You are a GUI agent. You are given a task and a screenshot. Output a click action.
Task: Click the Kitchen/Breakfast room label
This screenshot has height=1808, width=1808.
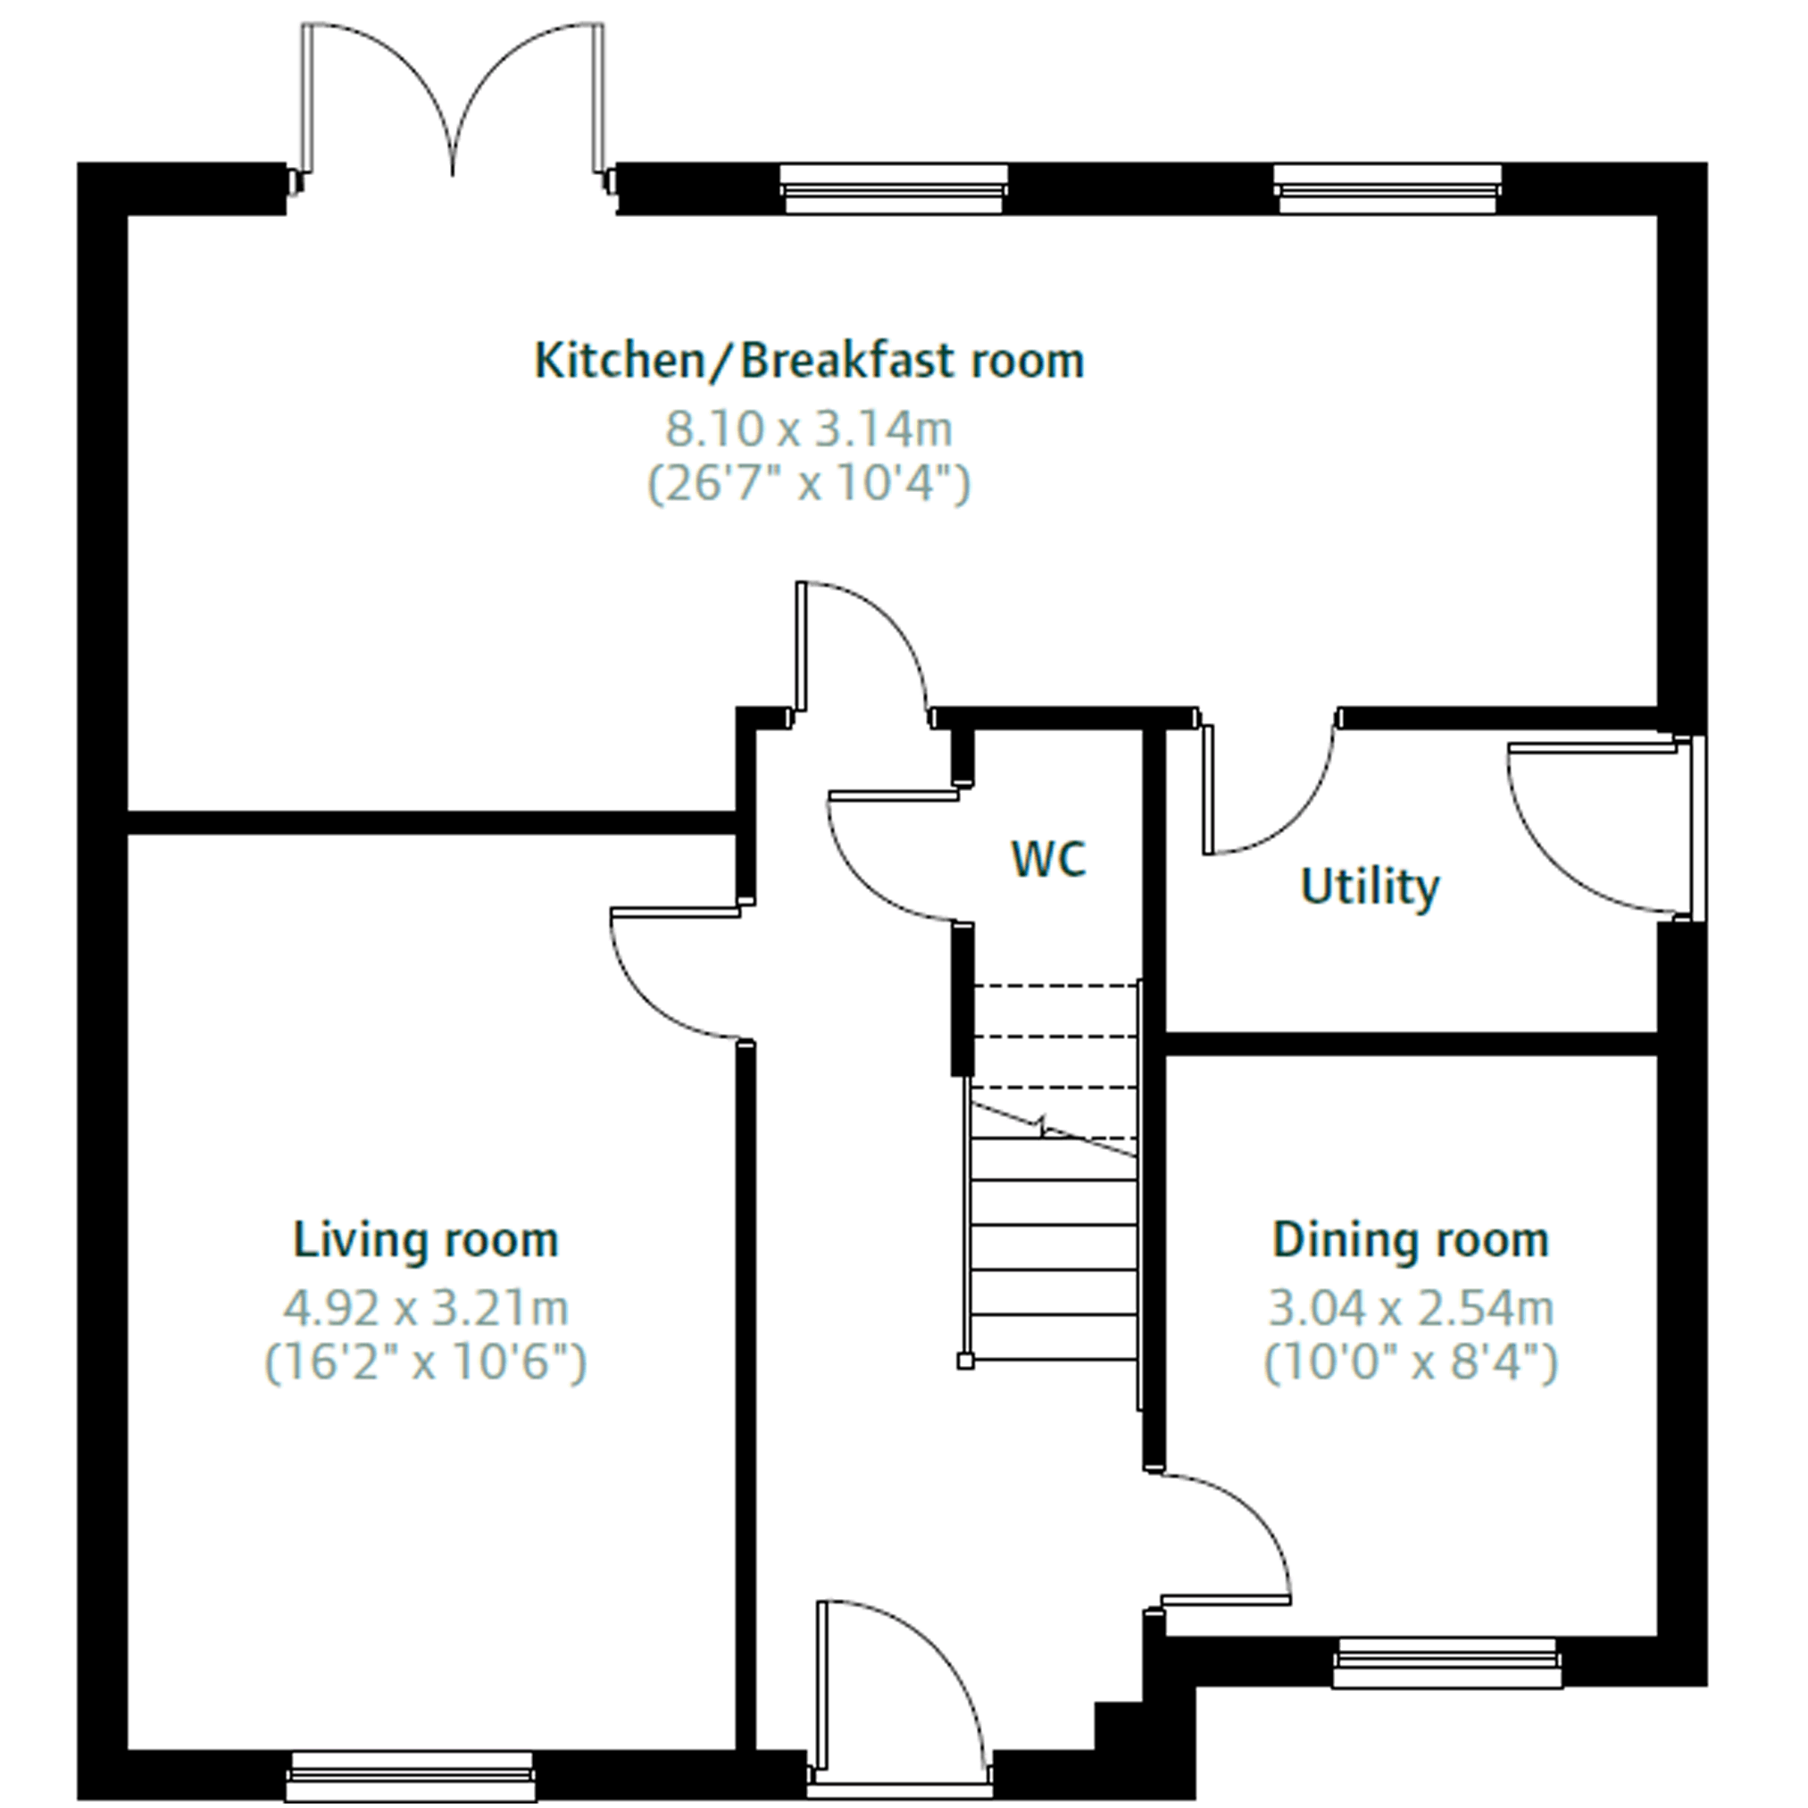coord(809,362)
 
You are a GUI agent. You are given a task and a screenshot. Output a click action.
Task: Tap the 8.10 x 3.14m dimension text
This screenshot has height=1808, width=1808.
coord(809,429)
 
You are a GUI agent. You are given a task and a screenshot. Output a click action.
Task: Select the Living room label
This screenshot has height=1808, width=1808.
coord(426,1240)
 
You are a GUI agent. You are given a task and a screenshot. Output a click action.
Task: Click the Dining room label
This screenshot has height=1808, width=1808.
coord(1411,1240)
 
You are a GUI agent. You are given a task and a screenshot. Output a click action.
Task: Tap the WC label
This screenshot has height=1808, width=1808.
coord(1049,858)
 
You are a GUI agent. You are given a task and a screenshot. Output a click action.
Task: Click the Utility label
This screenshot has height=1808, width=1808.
coord(1370,887)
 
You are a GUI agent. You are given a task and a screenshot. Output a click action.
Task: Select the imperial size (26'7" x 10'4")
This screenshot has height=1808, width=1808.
coord(809,485)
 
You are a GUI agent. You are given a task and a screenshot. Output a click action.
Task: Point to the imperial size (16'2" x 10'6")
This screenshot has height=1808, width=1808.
coord(426,1362)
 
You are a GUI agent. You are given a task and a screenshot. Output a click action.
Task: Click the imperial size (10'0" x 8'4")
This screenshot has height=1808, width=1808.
coord(1411,1362)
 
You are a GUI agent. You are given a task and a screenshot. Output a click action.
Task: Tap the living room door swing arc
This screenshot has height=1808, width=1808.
coord(655,994)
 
